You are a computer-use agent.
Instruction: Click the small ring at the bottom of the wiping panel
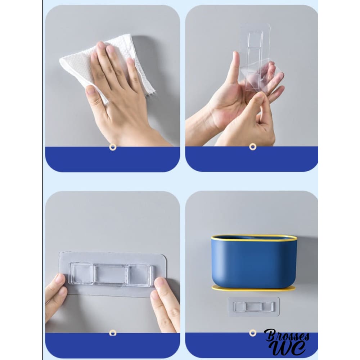[x=113, y=147]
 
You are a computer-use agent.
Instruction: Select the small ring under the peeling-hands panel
[x=253, y=147]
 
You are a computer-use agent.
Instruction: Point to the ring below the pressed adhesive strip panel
[x=113, y=333]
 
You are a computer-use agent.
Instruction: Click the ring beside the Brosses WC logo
[x=253, y=333]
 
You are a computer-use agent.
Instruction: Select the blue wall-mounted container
[x=254, y=262]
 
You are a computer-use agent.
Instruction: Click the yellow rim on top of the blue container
[x=254, y=237]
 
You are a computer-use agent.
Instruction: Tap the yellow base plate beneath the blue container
[x=253, y=288]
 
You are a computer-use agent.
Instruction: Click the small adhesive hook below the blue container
[x=254, y=307]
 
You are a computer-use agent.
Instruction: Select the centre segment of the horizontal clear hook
[x=110, y=275]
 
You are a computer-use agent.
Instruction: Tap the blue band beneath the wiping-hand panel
[x=112, y=159]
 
